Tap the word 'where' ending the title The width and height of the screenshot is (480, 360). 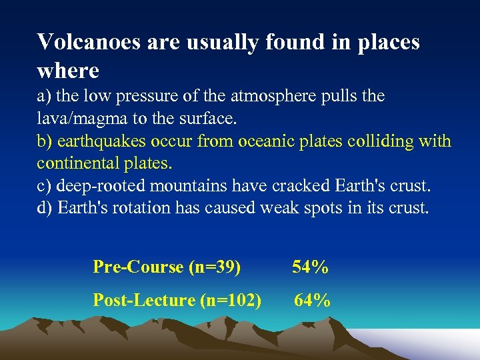tap(68, 70)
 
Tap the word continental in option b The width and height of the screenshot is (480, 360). tap(75, 163)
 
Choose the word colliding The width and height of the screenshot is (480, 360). tap(375, 141)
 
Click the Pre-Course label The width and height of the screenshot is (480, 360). tap(139, 267)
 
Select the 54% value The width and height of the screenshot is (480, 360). tap(310, 267)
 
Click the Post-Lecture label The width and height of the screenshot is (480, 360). tap(144, 301)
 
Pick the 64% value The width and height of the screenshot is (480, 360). tap(312, 301)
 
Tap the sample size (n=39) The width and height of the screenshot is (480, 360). tap(215, 267)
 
